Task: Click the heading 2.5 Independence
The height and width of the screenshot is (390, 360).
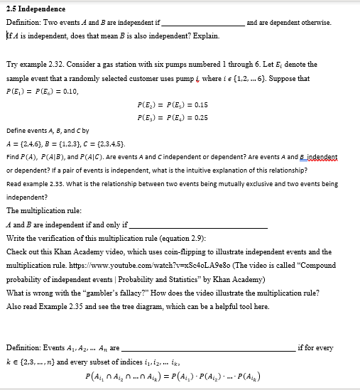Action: coord(36,9)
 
